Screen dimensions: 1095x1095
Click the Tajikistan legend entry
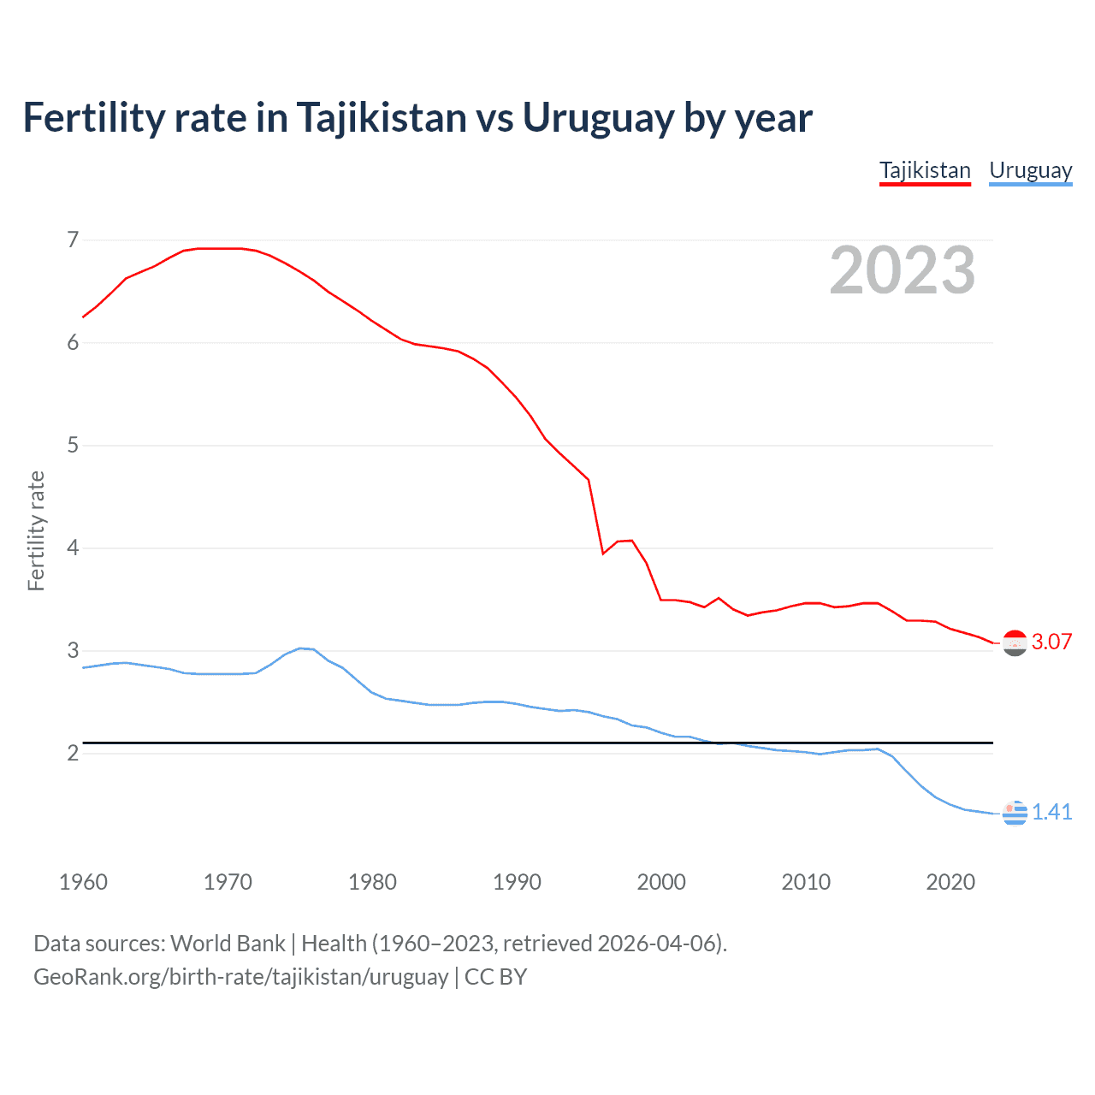pyautogui.click(x=925, y=170)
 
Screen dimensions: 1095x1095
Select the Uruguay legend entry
pyautogui.click(x=1030, y=170)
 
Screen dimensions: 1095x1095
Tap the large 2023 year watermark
pyautogui.click(x=902, y=270)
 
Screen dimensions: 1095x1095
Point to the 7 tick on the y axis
pyautogui.click(x=73, y=240)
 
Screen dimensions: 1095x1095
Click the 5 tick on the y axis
pyautogui.click(x=73, y=445)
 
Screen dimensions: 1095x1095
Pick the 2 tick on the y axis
pyautogui.click(x=73, y=753)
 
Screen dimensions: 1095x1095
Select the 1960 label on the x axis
pyautogui.click(x=83, y=882)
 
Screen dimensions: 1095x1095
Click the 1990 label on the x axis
pyautogui.click(x=517, y=882)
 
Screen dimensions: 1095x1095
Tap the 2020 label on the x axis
pyautogui.click(x=950, y=882)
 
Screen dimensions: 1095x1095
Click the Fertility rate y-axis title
pyautogui.click(x=36, y=530)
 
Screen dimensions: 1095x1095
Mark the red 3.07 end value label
pyautogui.click(x=1051, y=642)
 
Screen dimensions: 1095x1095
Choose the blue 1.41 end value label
pyautogui.click(x=1051, y=812)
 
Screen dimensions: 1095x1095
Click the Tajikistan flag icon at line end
pyautogui.click(x=1015, y=642)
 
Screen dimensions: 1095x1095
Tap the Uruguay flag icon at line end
pyautogui.click(x=1015, y=813)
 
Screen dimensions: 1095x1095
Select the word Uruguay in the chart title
pyautogui.click(x=597, y=118)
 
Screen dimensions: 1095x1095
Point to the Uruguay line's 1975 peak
pyautogui.click(x=299, y=648)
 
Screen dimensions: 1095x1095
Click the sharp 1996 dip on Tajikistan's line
pyautogui.click(x=603, y=553)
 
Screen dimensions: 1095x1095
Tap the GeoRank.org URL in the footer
pyautogui.click(x=240, y=977)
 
